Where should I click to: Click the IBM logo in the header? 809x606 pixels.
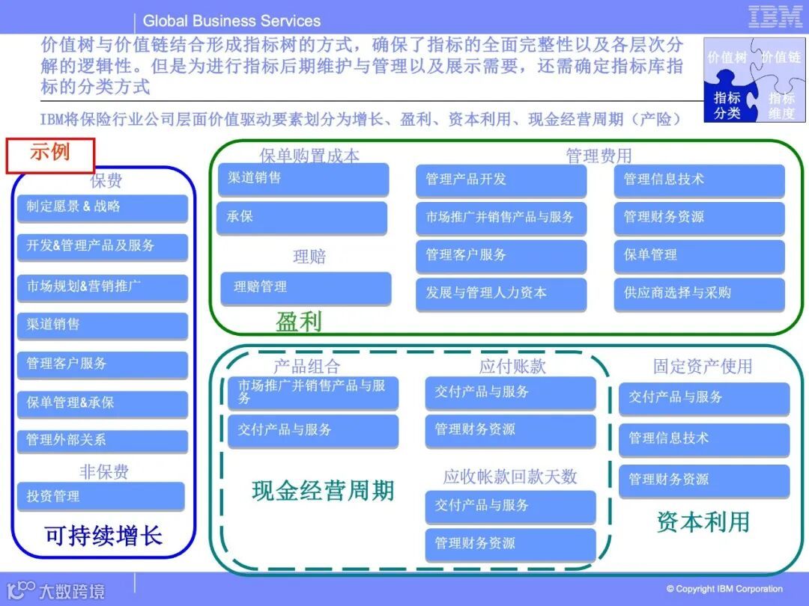click(x=775, y=17)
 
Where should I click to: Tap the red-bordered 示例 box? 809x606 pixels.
click(x=50, y=155)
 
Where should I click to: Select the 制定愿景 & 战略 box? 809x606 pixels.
click(x=102, y=207)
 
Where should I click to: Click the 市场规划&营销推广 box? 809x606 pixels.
click(x=102, y=286)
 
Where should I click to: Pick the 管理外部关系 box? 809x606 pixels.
click(x=102, y=440)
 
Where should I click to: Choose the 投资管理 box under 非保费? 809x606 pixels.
click(x=100, y=496)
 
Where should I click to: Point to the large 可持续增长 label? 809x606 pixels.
click(x=103, y=536)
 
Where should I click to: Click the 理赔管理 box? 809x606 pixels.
click(x=306, y=287)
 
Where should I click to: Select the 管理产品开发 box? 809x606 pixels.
click(x=501, y=180)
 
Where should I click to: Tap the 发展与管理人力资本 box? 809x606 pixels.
click(x=501, y=293)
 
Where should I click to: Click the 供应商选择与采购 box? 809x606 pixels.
click(x=699, y=293)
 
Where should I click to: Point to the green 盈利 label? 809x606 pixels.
click(x=299, y=322)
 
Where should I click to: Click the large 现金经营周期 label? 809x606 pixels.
click(x=323, y=491)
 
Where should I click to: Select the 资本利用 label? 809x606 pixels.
click(x=703, y=521)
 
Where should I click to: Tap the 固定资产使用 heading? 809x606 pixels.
click(x=702, y=366)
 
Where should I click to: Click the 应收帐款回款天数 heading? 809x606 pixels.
click(x=510, y=476)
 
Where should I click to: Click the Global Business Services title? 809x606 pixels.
click(x=231, y=21)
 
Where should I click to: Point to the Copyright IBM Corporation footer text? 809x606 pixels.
click(x=724, y=589)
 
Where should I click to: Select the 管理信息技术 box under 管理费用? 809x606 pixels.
click(x=699, y=180)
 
